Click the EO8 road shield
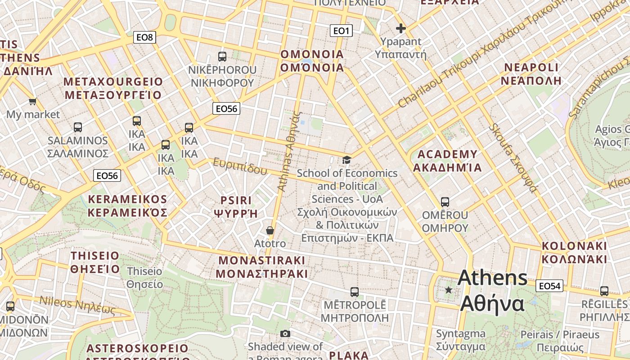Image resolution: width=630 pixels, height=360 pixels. coord(144,37)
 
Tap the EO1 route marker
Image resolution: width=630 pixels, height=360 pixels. coord(341,31)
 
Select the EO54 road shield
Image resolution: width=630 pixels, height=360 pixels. coord(549,286)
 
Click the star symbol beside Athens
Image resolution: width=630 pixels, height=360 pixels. coord(448,290)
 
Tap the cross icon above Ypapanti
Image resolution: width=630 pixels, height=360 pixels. coord(400,29)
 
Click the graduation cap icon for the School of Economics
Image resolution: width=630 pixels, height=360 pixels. coord(346,160)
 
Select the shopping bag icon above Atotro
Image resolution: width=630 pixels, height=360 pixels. coord(270,230)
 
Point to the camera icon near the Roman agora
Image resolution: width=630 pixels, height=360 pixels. coord(285,333)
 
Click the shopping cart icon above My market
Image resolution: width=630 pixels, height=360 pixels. coord(32,101)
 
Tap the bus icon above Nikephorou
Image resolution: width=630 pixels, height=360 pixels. coord(222,56)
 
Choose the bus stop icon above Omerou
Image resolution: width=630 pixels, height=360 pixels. coord(445,202)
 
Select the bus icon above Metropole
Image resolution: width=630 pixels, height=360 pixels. coord(355,292)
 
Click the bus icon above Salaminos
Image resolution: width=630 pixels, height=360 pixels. coord(78,127)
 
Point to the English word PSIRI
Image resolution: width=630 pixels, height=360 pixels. coord(236,200)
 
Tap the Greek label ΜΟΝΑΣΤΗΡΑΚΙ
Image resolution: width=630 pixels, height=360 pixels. coord(261,274)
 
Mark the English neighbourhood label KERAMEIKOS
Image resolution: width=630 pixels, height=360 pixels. coord(127,199)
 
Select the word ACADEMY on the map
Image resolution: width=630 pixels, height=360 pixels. coord(447,154)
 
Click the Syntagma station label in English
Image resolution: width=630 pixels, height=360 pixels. coord(460,333)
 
